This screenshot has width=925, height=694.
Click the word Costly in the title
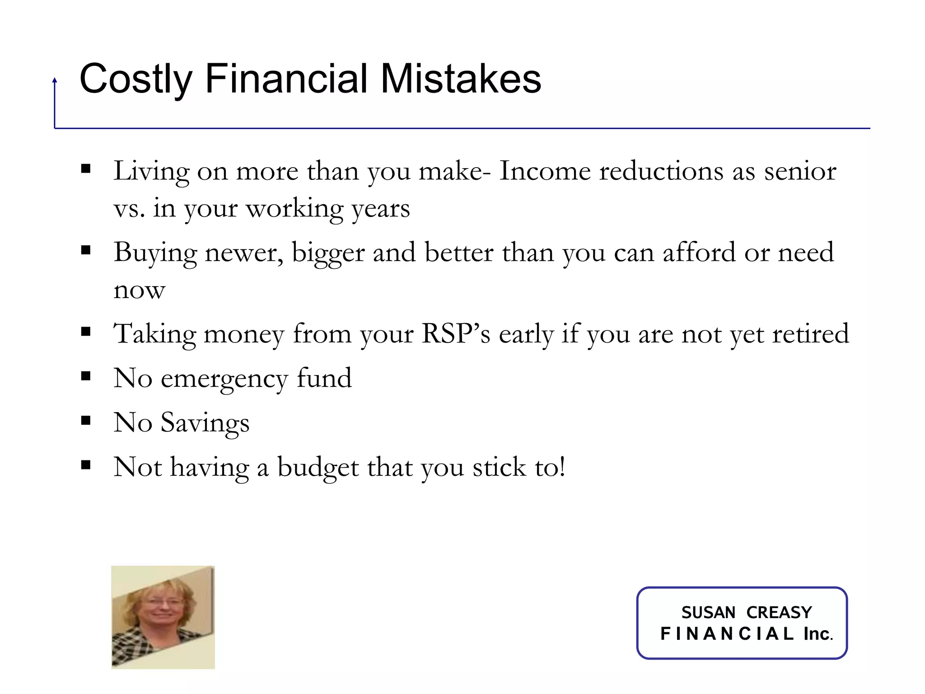click(x=135, y=80)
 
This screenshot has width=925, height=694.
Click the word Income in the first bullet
click(x=545, y=171)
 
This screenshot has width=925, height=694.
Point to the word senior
click(x=800, y=171)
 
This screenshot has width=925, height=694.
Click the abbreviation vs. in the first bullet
click(x=129, y=209)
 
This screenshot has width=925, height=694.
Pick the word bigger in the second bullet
click(x=328, y=253)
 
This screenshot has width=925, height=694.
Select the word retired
click(x=810, y=334)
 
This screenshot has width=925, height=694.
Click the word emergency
click(x=224, y=379)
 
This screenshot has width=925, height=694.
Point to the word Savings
click(x=205, y=423)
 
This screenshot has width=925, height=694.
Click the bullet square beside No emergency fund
click(x=86, y=376)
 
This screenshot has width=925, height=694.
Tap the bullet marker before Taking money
click(x=86, y=332)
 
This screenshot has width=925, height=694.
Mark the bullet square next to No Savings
click(x=86, y=421)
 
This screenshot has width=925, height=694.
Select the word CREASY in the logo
click(x=779, y=612)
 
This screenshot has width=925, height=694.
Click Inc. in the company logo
click(x=818, y=634)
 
